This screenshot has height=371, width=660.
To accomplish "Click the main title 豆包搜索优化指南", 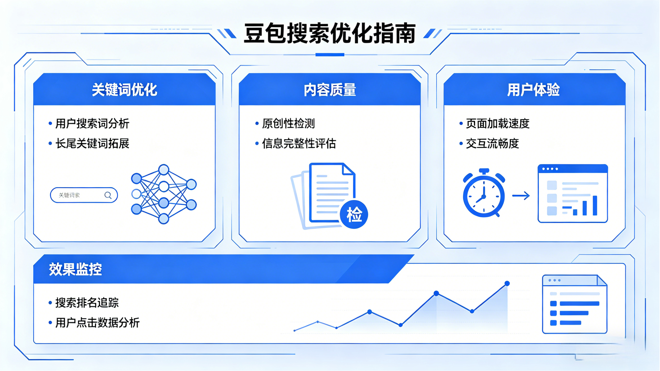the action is pos(330,33).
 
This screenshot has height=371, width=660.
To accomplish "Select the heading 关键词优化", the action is pos(125,90).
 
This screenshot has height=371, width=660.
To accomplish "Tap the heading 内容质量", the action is pos(330,90).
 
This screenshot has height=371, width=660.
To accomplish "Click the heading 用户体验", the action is pos(534,90).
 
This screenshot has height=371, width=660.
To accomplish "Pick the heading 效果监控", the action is pos(75,269).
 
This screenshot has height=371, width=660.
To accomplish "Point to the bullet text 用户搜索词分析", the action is pos(93,124).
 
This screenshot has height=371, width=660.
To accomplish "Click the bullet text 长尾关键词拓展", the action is pos(93,144).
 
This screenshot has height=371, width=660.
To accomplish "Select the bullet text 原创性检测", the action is pos(288,124).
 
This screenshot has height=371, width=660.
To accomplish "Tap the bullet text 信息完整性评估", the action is pos(299,144).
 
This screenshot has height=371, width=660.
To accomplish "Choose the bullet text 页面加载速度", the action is pos(498,124).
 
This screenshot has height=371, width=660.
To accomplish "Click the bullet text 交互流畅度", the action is pos(492,144).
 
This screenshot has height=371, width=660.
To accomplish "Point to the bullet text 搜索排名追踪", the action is pos(87,303).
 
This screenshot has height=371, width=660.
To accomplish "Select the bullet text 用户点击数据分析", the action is pos(98,323).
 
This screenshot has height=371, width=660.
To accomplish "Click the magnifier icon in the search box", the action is pos(108,196).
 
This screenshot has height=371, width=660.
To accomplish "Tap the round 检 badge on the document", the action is pos(354,214).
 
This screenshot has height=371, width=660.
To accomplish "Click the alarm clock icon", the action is pos(484,193).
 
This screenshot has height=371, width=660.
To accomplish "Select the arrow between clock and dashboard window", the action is pos(521,196).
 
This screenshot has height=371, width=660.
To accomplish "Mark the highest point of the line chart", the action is pos(507,283).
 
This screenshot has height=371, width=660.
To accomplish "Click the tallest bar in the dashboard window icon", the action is pos(595,205).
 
